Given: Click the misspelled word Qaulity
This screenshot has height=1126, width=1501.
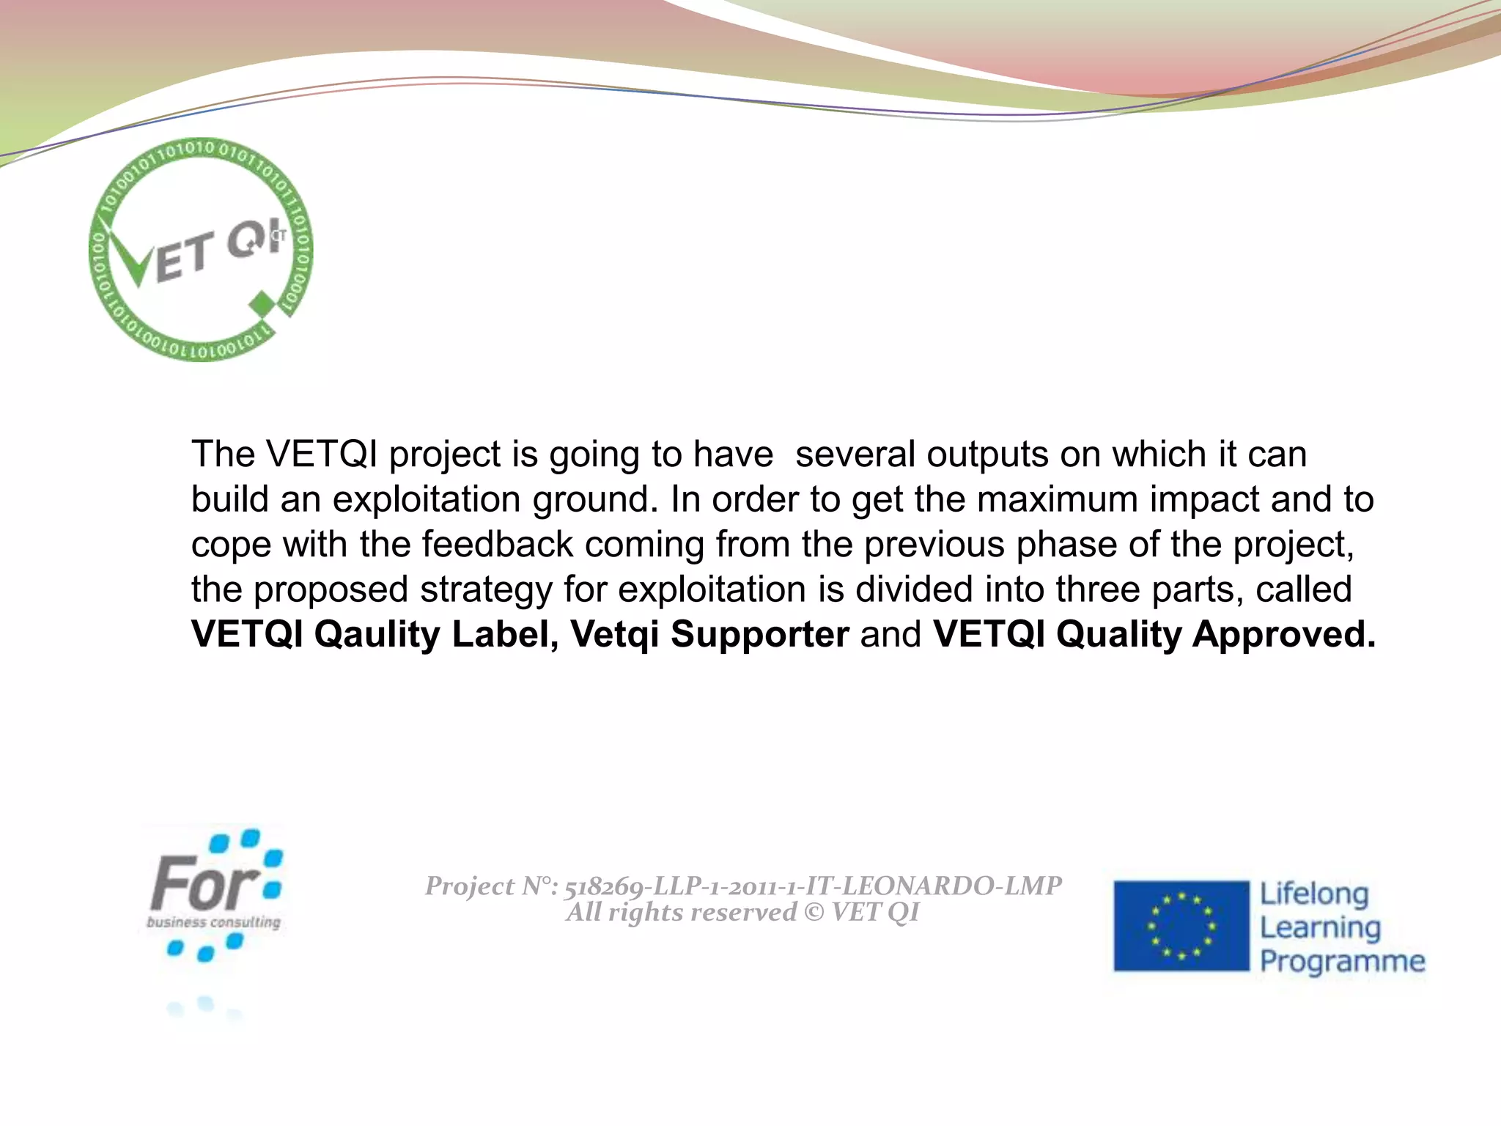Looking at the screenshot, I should tap(377, 635).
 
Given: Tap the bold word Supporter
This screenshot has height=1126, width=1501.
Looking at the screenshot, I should tap(759, 634).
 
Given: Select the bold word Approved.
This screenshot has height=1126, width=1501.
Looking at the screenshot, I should tap(1284, 635).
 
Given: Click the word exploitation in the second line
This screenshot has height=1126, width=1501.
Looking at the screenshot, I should tap(427, 500).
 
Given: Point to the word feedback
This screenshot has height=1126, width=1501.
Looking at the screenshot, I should tap(497, 545).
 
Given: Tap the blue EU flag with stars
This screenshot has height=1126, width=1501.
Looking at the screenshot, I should tap(1181, 926).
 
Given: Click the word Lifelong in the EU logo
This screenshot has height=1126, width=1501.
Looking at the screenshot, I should tap(1314, 894).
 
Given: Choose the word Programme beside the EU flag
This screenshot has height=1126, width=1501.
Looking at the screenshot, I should tap(1342, 961).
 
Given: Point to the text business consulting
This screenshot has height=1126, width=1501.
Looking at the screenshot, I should tap(213, 922).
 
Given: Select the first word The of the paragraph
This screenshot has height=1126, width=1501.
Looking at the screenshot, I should tap(223, 455).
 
